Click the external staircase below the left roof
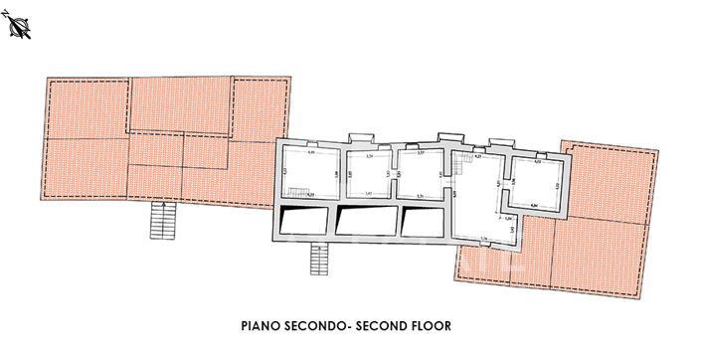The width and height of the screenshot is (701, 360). pos(161,220)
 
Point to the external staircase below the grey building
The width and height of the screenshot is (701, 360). pos(319,261)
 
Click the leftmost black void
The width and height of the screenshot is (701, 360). pos(301,219)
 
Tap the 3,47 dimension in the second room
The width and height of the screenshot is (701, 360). pos(368,193)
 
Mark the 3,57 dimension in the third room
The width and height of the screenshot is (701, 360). pos(421,152)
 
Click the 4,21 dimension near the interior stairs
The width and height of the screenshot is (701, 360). pos(477,156)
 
